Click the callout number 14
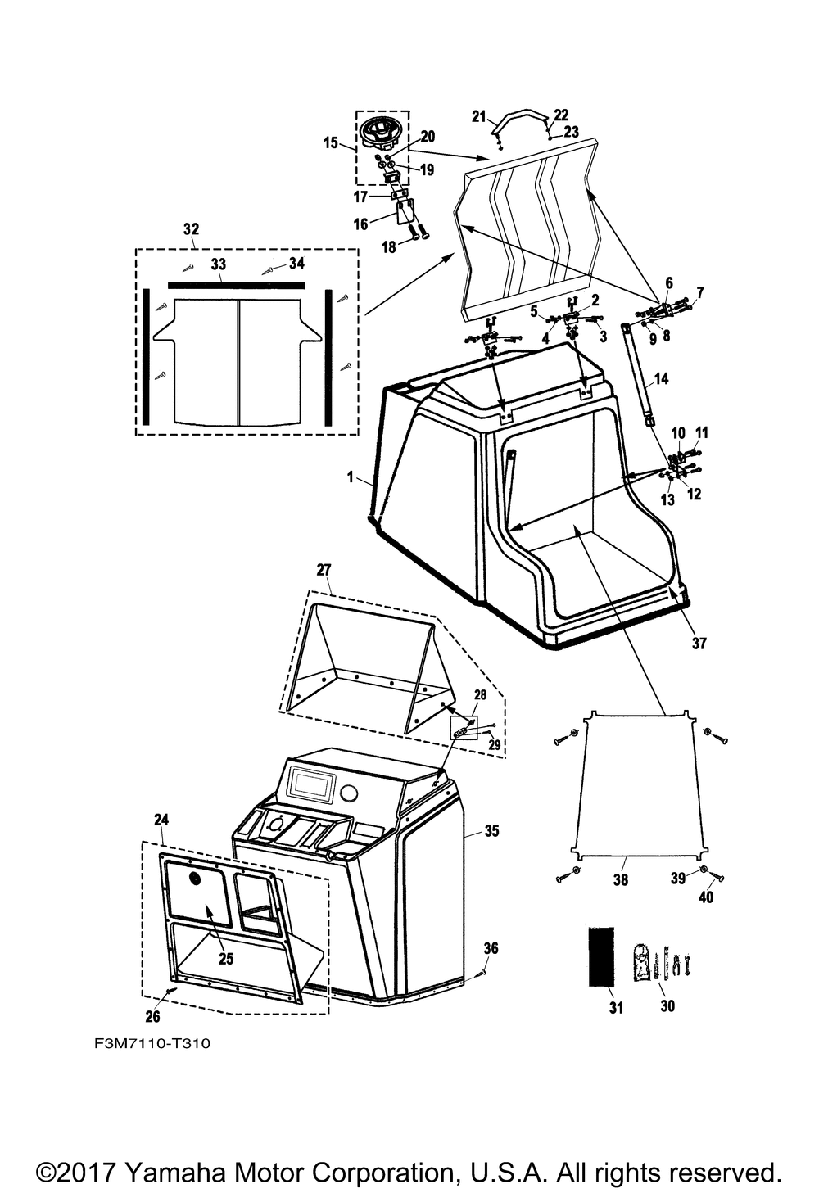click(662, 379)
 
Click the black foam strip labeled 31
click(601, 956)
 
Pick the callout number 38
click(621, 880)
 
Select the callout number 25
click(226, 959)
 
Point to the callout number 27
click(324, 569)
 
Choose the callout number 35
click(491, 831)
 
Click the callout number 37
click(698, 644)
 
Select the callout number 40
click(706, 897)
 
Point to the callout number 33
click(219, 264)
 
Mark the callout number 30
click(667, 1005)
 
